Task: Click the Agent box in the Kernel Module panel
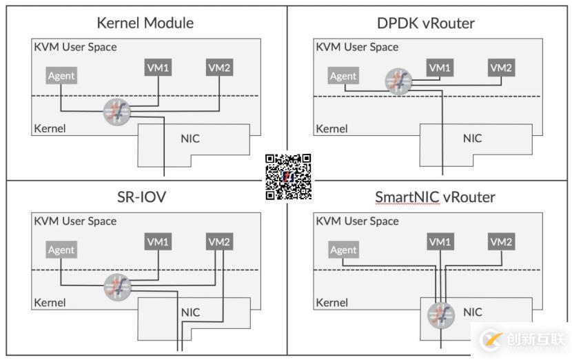(x=61, y=76)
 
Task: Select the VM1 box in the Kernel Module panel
(x=159, y=68)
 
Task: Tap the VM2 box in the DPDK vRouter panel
(x=501, y=68)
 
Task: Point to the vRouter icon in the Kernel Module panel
(x=116, y=112)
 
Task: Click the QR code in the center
(x=288, y=177)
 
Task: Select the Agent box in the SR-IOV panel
(x=61, y=250)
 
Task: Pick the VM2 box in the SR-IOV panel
(x=219, y=242)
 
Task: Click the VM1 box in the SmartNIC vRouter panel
(x=440, y=242)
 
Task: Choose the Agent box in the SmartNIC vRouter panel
(x=343, y=250)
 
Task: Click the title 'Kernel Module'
(x=145, y=23)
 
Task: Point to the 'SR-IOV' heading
(x=142, y=197)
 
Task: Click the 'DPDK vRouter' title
(x=426, y=23)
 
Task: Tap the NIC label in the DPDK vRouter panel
(x=472, y=138)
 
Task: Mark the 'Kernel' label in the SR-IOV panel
(x=50, y=302)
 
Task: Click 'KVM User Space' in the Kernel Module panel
(x=75, y=47)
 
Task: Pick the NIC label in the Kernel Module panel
(x=190, y=138)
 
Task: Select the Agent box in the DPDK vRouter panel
(x=343, y=76)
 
